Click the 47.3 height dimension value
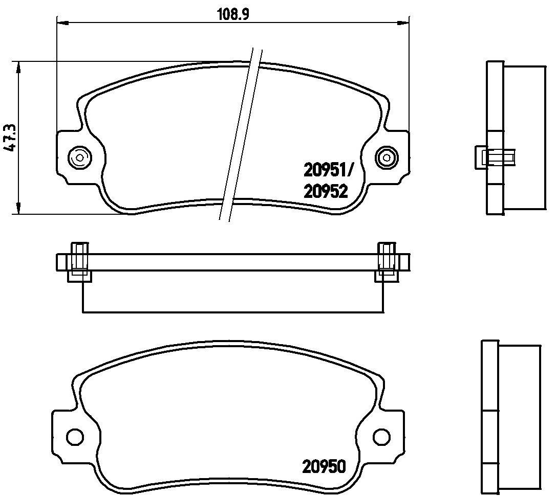click(x=10, y=138)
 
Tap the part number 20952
click(x=325, y=192)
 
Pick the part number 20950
click(x=324, y=466)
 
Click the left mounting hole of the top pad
click(x=79, y=157)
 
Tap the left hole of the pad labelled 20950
click(x=75, y=435)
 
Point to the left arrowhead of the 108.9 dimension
click(x=62, y=24)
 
